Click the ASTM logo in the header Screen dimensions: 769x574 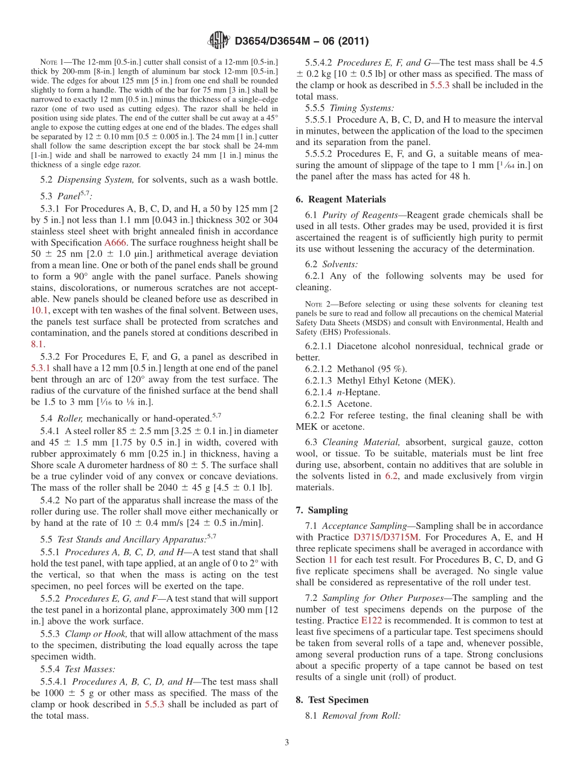219,41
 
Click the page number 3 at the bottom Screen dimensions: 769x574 287,742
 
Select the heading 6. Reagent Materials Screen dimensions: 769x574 341,200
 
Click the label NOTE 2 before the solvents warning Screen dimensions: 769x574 315,304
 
